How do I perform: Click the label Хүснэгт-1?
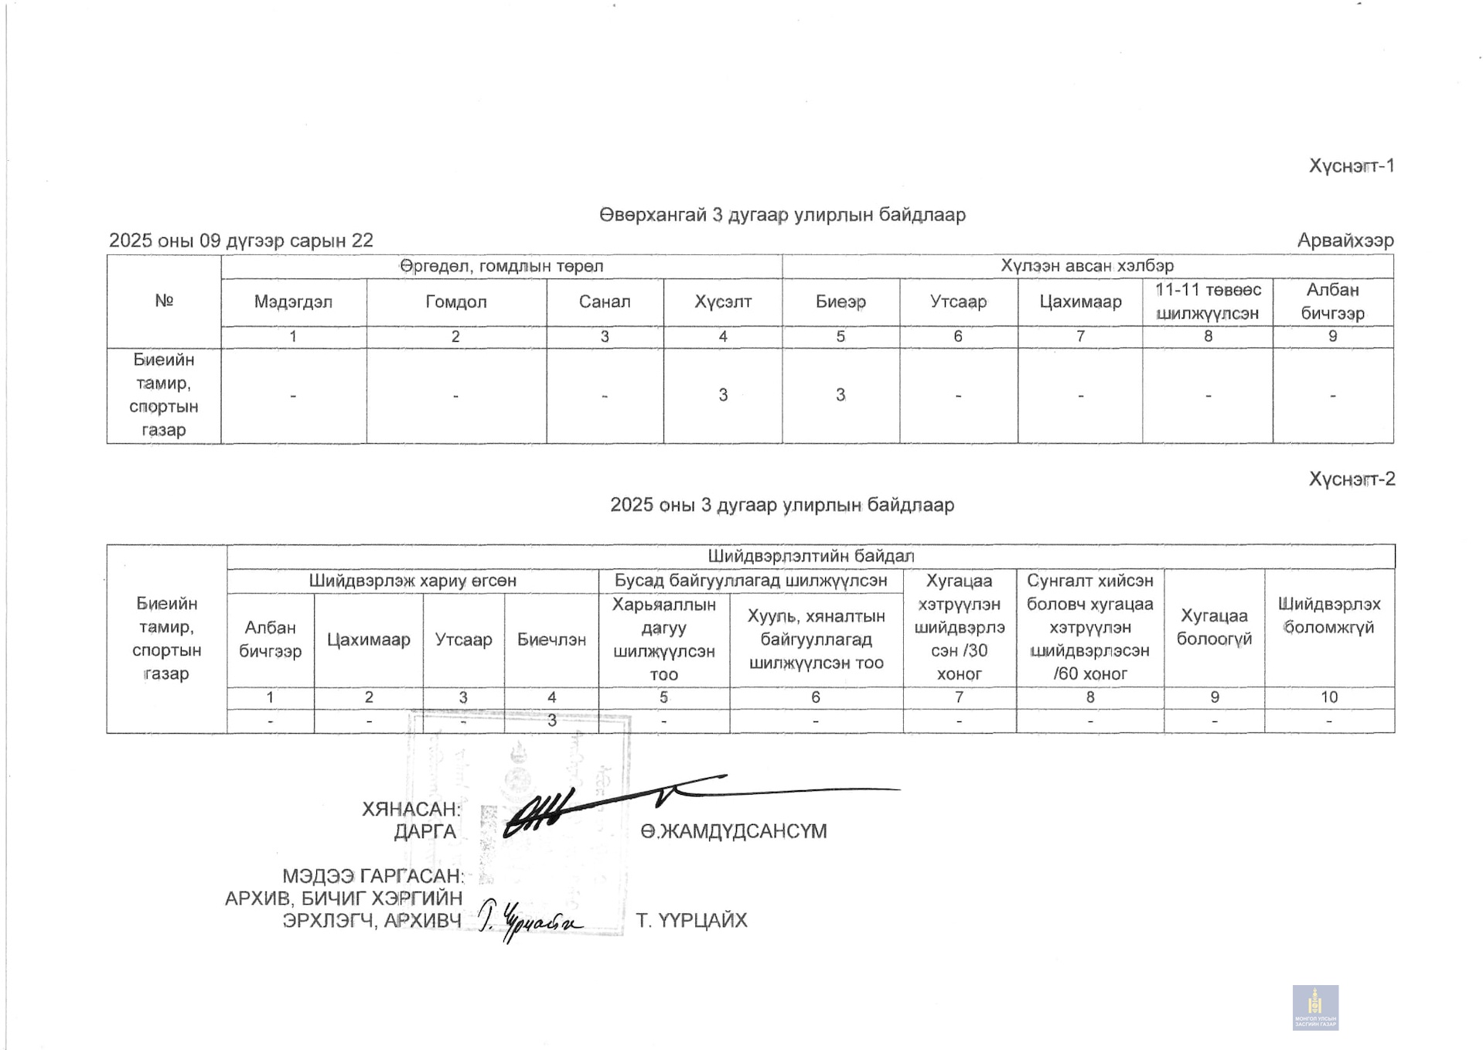pos(1351,166)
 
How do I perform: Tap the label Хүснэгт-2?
pos(1351,479)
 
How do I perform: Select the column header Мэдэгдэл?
pos(293,302)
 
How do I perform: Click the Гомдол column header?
pos(456,302)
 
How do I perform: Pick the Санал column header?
pos(605,302)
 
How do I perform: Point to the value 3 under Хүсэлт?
pos(723,395)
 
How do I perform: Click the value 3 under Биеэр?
pos(840,395)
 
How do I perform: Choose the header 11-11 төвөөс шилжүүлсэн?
pos(1208,302)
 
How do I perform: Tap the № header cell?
pos(164,301)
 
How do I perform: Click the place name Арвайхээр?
pos(1345,240)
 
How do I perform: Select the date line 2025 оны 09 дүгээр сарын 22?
pos(241,240)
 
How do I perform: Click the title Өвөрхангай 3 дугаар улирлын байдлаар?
pos(782,215)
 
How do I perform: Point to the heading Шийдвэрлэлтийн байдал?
pos(810,557)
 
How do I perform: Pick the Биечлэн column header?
pos(551,640)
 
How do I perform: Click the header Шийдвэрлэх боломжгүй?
pos(1329,615)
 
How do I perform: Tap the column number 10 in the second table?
pos(1329,697)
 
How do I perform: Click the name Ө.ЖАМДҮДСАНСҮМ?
pos(734,832)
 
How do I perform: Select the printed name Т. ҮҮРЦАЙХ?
pos(691,921)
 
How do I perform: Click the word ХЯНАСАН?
pos(411,810)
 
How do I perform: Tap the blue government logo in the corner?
pos(1315,1007)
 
